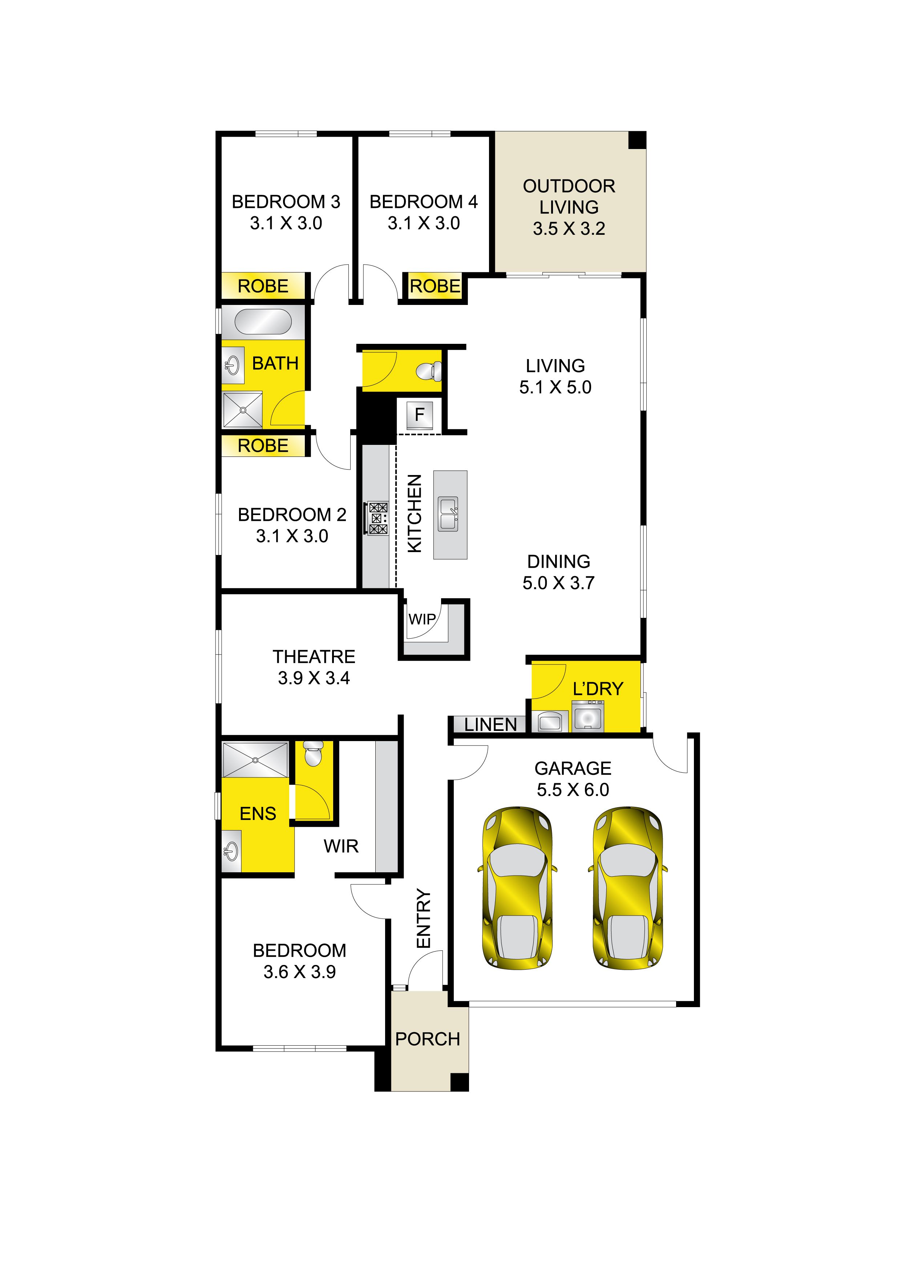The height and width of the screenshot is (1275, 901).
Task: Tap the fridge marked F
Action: tap(420, 414)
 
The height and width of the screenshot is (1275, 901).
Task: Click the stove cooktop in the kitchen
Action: tap(378, 519)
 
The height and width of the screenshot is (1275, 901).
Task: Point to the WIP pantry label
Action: tap(422, 619)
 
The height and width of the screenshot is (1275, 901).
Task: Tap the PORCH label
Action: tap(428, 1039)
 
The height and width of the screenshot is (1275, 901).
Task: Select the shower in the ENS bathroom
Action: tap(255, 760)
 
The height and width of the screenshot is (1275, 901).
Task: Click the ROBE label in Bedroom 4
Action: tap(435, 286)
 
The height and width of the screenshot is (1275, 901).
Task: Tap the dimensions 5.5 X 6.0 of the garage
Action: tap(573, 790)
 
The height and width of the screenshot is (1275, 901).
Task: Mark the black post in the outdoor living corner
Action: tap(637, 140)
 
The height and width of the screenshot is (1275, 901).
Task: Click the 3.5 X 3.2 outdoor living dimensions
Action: tap(569, 228)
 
